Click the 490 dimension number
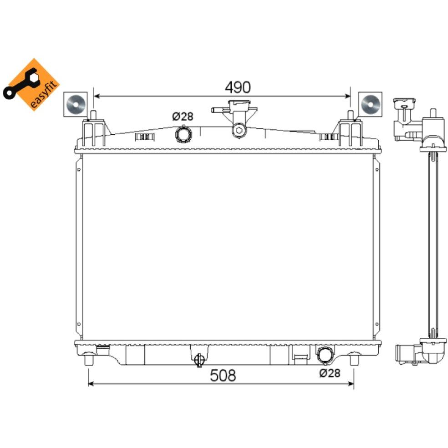(237, 87)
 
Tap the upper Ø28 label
(183, 117)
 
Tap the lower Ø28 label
(329, 373)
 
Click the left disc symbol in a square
(75, 104)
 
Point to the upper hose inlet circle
(183, 134)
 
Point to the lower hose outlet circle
(325, 354)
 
